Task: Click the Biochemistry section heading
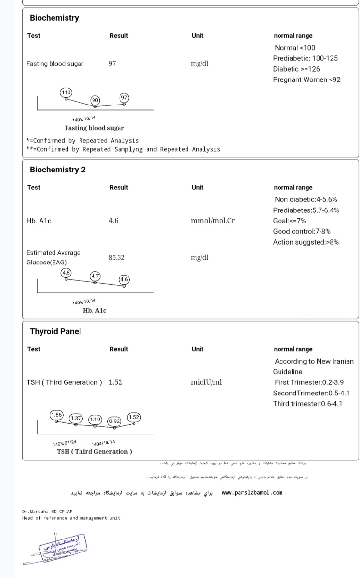click(54, 18)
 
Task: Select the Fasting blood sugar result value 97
click(112, 63)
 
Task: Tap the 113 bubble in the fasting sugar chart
click(66, 92)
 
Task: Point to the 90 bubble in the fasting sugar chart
click(95, 100)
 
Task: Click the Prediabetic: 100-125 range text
click(305, 58)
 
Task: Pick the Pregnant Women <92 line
click(307, 79)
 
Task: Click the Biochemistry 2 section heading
click(58, 170)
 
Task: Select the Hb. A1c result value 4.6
click(114, 221)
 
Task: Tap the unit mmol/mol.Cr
click(213, 221)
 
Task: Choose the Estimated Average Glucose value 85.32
click(117, 257)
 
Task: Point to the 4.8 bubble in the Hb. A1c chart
click(66, 273)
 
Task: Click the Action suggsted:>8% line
click(306, 242)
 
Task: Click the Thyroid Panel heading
click(55, 331)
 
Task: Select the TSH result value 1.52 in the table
click(116, 382)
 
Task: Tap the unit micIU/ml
click(206, 382)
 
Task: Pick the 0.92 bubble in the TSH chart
click(114, 420)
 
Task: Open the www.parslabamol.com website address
click(252, 493)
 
